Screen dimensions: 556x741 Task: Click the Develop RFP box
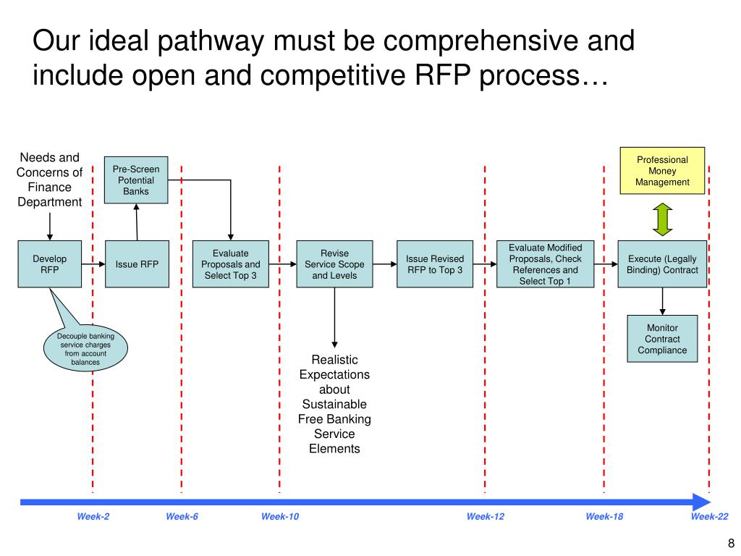pyautogui.click(x=49, y=264)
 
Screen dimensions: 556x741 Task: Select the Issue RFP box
pyautogui.click(x=137, y=264)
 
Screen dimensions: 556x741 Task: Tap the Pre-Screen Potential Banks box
pyautogui.click(x=136, y=180)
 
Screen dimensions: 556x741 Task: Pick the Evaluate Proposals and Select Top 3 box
pyautogui.click(x=231, y=264)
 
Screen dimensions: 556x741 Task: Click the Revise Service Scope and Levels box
pyautogui.click(x=334, y=264)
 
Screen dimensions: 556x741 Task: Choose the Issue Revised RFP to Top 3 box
pyautogui.click(x=434, y=264)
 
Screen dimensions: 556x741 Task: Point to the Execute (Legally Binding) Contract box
pyautogui.click(x=662, y=264)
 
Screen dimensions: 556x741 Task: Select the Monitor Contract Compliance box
pyautogui.click(x=662, y=339)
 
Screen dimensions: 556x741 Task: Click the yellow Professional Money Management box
pyautogui.click(x=662, y=171)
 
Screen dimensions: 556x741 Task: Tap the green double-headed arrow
pyautogui.click(x=662, y=219)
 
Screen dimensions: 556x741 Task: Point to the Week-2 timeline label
pyautogui.click(x=93, y=516)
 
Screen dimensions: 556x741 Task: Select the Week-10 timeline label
pyautogui.click(x=280, y=516)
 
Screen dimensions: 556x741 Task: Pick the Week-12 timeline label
pyautogui.click(x=485, y=516)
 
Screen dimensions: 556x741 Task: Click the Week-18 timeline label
pyautogui.click(x=604, y=516)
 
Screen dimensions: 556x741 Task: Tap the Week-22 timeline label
pyautogui.click(x=709, y=516)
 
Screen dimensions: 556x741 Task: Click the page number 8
pyautogui.click(x=731, y=544)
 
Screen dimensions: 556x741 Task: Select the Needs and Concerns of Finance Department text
pyautogui.click(x=49, y=180)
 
